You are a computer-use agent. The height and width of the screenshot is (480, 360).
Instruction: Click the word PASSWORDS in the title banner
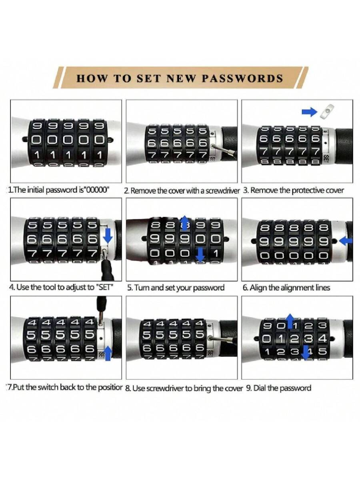[242, 78]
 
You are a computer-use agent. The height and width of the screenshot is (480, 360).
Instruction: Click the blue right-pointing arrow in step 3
[309, 112]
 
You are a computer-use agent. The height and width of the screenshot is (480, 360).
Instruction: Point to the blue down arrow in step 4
[108, 236]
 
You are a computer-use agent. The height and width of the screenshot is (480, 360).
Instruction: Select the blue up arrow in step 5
[185, 223]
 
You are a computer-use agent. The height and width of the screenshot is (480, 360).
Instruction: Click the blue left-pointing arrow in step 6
[346, 241]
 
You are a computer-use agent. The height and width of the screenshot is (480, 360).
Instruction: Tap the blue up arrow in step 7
[108, 353]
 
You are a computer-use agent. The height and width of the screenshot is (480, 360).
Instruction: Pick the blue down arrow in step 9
[306, 352]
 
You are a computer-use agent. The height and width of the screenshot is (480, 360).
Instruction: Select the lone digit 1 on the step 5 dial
[216, 254]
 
